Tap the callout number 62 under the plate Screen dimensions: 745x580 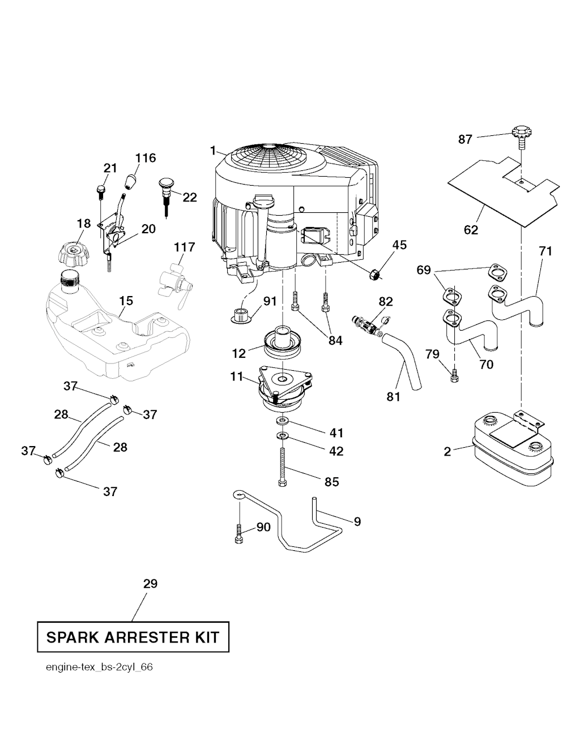click(x=471, y=230)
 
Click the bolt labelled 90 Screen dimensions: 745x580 click(x=239, y=533)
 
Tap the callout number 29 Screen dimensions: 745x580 click(x=150, y=584)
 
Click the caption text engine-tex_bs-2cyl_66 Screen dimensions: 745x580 click(x=99, y=667)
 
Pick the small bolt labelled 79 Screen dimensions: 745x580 click(x=453, y=375)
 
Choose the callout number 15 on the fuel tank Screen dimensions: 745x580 click(x=126, y=301)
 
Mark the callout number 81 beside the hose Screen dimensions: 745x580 click(x=393, y=397)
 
